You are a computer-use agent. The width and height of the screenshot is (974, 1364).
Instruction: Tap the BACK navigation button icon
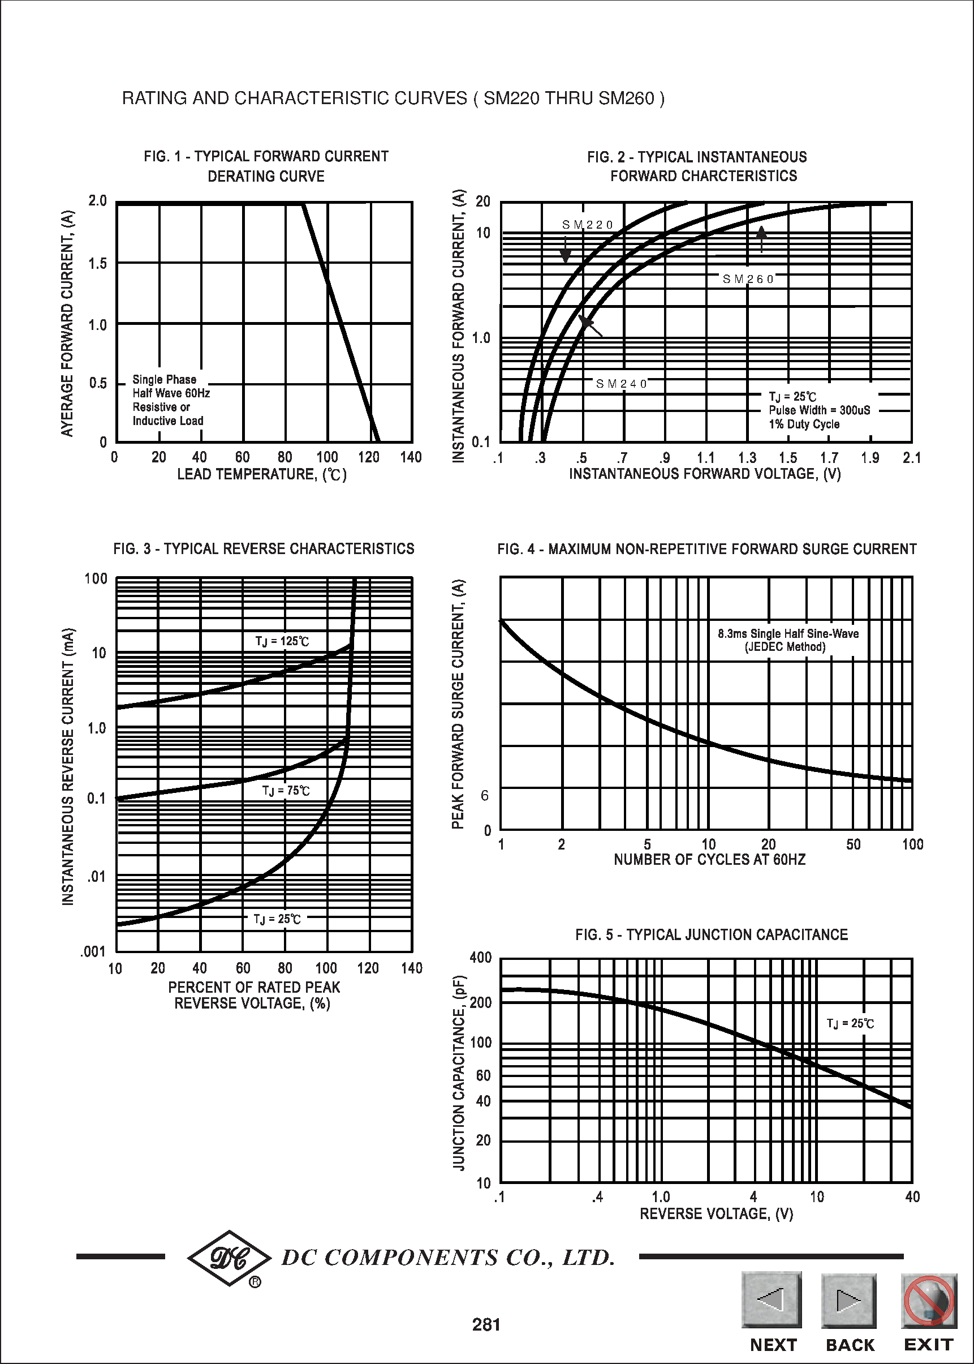pyautogui.click(x=848, y=1300)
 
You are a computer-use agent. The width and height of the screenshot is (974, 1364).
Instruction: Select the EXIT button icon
pyautogui.click(x=928, y=1300)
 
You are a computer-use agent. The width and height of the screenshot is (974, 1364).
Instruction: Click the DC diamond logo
pyautogui.click(x=229, y=1258)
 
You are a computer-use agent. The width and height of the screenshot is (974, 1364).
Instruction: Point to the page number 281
pyautogui.click(x=486, y=1324)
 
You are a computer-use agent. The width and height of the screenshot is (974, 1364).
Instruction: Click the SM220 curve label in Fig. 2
pyautogui.click(x=587, y=225)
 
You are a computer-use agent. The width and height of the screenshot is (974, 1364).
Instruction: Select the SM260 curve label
pyautogui.click(x=748, y=279)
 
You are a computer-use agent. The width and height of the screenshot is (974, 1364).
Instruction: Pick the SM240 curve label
pyautogui.click(x=622, y=384)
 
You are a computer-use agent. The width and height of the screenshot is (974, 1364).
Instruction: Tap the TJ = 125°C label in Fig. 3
pyautogui.click(x=282, y=641)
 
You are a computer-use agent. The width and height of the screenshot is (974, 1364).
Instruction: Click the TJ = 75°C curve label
pyautogui.click(x=286, y=791)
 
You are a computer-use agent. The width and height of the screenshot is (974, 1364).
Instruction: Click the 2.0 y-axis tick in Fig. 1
pyautogui.click(x=98, y=201)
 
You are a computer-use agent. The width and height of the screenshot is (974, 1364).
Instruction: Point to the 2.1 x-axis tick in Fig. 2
pyautogui.click(x=911, y=458)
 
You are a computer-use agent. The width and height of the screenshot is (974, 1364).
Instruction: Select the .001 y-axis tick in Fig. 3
pyautogui.click(x=93, y=952)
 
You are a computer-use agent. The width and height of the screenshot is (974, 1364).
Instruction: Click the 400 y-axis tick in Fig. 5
pyautogui.click(x=480, y=958)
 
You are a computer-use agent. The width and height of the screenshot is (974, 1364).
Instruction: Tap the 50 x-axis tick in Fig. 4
pyautogui.click(x=853, y=845)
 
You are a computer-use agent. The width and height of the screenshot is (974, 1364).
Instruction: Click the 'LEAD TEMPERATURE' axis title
pyautogui.click(x=261, y=475)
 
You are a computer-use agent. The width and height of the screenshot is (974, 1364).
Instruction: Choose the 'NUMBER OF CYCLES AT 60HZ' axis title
pyautogui.click(x=709, y=860)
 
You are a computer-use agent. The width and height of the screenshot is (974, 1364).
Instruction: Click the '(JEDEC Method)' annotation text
pyautogui.click(x=785, y=647)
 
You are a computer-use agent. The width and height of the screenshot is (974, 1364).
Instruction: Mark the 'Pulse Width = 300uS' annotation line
pyautogui.click(x=819, y=410)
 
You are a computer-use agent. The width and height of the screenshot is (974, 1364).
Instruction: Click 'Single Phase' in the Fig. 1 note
pyautogui.click(x=165, y=380)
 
